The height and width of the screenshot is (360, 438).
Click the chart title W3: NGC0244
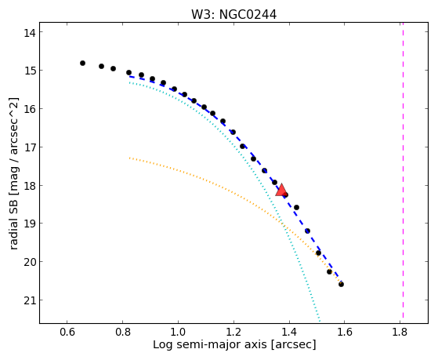tap(233, 15)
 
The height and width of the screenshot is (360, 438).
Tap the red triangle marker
tap(281, 191)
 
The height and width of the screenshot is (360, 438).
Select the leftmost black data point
tap(82, 64)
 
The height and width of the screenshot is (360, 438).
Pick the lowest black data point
tap(341, 285)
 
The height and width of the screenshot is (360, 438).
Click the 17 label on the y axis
tap(30, 147)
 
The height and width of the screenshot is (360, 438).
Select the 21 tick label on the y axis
tap(30, 300)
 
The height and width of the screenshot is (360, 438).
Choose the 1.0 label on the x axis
tap(178, 333)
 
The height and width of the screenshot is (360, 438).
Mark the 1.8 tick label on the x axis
tap(400, 333)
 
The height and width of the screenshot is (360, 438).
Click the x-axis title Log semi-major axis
tap(210, 344)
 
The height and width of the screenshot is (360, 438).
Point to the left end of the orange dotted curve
tap(129, 158)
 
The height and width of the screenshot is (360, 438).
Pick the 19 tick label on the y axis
tap(30, 224)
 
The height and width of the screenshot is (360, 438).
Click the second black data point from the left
tap(101, 67)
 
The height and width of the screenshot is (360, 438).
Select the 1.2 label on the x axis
tap(233, 333)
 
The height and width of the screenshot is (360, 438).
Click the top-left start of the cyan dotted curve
tap(129, 83)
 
